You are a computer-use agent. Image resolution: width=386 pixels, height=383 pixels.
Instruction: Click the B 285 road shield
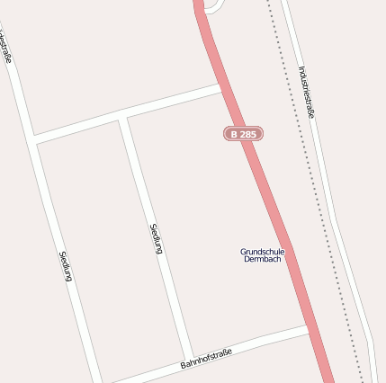point(243,133)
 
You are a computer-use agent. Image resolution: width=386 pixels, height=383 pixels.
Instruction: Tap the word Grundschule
point(263,251)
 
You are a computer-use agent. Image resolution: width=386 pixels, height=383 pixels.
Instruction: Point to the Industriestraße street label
point(307,92)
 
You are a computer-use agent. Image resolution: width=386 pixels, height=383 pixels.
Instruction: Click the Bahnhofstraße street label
point(206,359)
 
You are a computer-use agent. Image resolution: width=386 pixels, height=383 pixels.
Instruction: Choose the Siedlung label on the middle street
point(155,237)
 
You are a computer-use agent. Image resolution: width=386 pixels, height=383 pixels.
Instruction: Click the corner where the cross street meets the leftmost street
point(33,139)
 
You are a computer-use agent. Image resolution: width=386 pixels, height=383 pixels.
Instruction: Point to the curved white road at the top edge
point(213,8)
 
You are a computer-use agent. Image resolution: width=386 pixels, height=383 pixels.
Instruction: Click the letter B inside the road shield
point(234,133)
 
